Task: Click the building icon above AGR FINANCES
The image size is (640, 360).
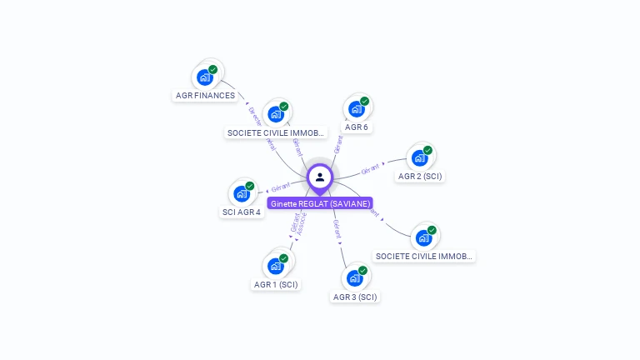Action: [x=205, y=77]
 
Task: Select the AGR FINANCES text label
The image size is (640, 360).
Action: [x=205, y=95]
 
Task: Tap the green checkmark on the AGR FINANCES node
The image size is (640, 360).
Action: [x=212, y=70]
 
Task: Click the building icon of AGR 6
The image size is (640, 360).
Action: [x=357, y=109]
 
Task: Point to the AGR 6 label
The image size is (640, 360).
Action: [x=357, y=127]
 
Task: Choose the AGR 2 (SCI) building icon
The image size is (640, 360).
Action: [x=420, y=157]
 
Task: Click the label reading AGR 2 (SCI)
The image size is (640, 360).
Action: [x=420, y=176]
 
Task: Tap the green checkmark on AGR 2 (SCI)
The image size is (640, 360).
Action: [x=427, y=151]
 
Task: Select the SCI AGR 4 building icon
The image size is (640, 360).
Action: [x=242, y=193]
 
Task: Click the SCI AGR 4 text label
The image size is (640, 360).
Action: [x=242, y=212]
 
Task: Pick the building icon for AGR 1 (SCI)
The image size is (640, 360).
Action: [x=276, y=266]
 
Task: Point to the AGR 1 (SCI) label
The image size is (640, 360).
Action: [x=276, y=284]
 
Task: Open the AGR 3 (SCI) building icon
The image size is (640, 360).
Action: [x=355, y=277]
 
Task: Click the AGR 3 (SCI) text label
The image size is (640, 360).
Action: [x=355, y=297]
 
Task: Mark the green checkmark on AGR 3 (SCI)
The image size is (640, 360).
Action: [x=362, y=271]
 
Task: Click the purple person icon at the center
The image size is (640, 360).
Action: [x=320, y=177]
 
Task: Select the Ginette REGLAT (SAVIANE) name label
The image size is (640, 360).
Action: [x=320, y=203]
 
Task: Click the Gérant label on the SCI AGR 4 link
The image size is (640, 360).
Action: [x=281, y=187]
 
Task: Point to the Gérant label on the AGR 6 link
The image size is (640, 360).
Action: [x=337, y=144]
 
